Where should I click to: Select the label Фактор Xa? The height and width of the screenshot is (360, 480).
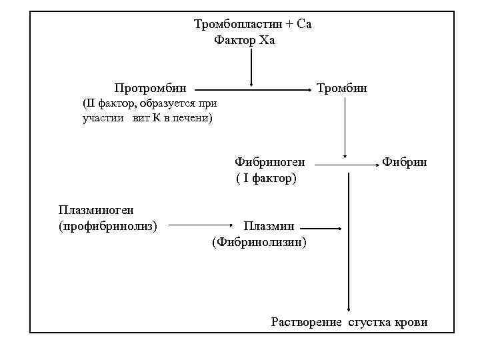click(x=244, y=41)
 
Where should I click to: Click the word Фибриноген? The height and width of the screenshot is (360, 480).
click(x=269, y=162)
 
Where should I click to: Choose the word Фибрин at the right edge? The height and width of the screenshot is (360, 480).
click(x=404, y=162)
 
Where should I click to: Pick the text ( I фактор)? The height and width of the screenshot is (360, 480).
click(x=266, y=179)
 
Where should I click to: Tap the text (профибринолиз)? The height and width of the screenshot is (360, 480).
click(x=108, y=227)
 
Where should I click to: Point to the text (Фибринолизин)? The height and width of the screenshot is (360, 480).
click(x=259, y=243)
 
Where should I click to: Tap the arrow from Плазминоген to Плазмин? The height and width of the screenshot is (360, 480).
click(x=201, y=225)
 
